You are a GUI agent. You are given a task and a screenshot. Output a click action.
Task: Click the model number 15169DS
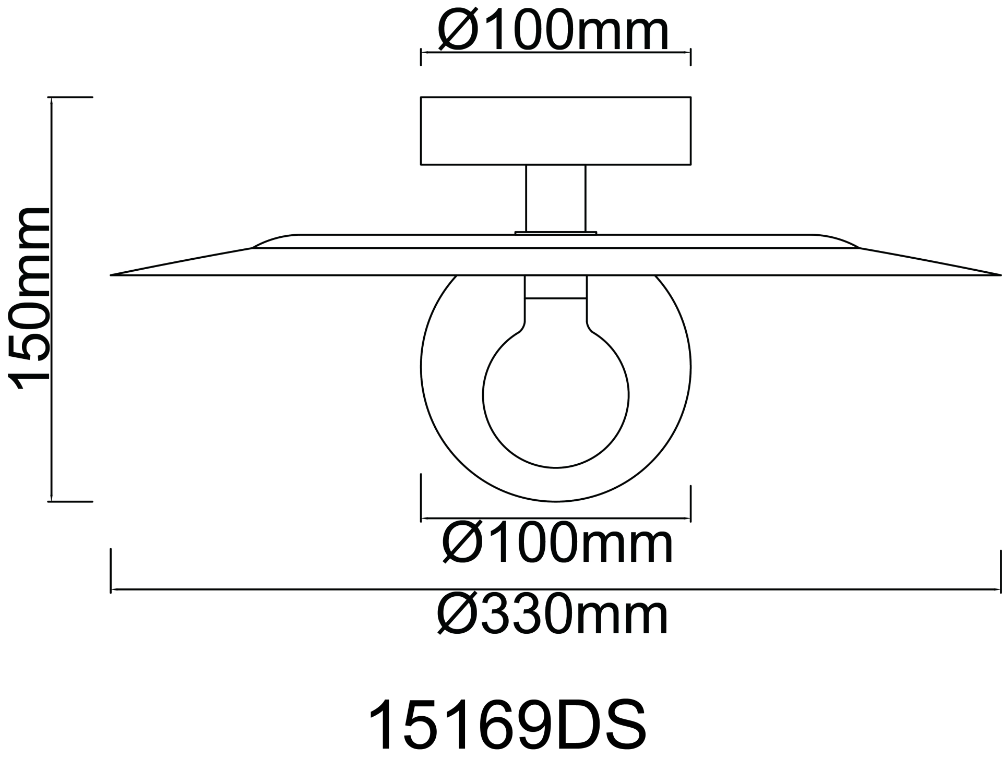tap(507, 726)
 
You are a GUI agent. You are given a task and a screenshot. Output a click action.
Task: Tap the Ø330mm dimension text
tap(553, 616)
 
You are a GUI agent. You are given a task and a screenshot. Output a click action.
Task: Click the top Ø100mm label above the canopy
tap(553, 32)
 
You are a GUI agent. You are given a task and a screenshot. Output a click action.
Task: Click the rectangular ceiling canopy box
tap(556, 131)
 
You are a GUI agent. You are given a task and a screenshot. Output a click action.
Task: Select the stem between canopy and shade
tap(556, 198)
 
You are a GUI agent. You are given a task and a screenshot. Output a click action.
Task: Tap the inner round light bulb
tap(556, 396)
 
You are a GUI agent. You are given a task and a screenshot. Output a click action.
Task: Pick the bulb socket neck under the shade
tap(556, 287)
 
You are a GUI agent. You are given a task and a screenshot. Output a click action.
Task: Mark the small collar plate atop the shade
tap(556, 233)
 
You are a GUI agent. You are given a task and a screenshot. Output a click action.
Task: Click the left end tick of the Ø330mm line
tap(111, 571)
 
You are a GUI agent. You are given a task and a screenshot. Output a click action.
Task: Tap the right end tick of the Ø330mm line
tap(1000, 571)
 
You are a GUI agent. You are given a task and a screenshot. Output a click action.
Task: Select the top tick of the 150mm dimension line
tap(70, 98)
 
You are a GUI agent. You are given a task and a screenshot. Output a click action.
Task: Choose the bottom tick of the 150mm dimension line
tap(70, 502)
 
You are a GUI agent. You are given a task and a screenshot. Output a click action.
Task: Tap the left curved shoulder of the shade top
tap(274, 240)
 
